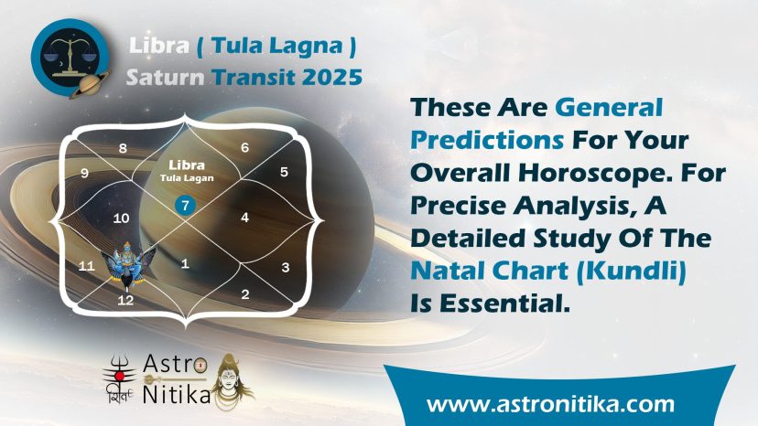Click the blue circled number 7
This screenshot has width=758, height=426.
tap(185, 206)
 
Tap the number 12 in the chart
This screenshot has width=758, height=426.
tap(125, 301)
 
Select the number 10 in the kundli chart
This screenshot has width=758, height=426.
tap(121, 218)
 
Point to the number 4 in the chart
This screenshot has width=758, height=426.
tap(245, 218)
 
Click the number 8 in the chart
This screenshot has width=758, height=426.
tap(123, 148)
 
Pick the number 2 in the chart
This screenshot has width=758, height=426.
tap(245, 294)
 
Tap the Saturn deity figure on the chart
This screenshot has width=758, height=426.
tap(127, 263)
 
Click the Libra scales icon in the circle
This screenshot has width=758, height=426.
tap(70, 58)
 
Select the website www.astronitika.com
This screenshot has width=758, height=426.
tap(550, 404)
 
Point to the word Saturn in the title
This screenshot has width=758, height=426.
tap(166, 78)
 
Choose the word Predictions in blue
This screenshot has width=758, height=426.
tap(487, 140)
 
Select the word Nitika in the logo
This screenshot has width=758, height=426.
tap(177, 394)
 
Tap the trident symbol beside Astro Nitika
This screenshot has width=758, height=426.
tap(119, 374)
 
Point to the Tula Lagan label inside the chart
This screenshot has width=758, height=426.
tap(187, 178)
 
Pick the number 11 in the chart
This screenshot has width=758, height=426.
tap(87, 266)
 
